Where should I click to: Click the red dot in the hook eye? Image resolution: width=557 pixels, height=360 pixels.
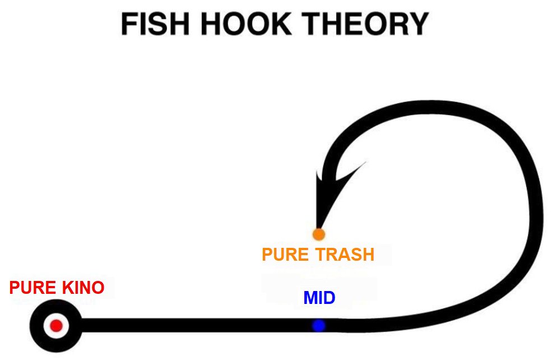[55, 325]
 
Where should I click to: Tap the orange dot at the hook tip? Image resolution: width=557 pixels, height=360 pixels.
[319, 233]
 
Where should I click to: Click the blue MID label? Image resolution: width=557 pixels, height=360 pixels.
[319, 298]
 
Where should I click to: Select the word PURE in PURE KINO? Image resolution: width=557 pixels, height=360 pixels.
[31, 288]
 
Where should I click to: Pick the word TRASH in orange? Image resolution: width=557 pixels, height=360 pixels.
[345, 255]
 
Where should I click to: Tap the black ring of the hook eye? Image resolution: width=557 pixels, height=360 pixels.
[39, 325]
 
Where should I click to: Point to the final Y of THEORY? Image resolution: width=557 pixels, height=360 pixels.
[418, 25]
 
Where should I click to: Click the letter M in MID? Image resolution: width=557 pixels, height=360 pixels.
[310, 298]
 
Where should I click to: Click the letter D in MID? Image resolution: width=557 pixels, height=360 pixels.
[329, 298]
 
